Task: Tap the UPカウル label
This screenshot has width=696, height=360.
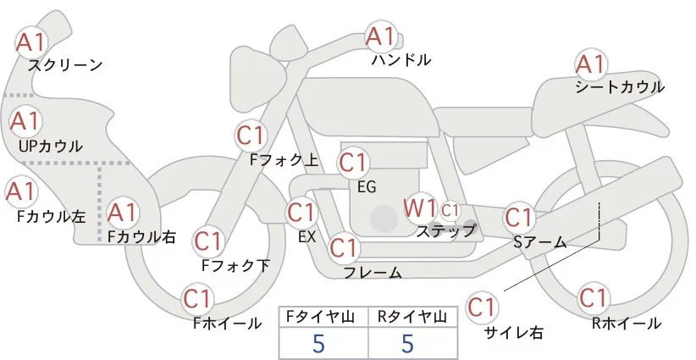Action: tap(50, 146)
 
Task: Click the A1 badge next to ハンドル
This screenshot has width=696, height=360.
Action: tap(381, 36)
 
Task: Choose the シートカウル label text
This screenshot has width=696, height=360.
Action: tap(620, 87)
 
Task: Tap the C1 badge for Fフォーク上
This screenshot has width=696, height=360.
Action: tap(251, 134)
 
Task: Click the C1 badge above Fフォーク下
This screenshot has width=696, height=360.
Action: tap(208, 241)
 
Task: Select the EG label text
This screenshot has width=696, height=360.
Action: tap(367, 187)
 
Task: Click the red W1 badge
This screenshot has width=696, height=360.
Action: tap(420, 208)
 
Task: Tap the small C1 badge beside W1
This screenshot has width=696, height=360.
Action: tap(450, 209)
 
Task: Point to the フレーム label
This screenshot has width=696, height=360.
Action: tap(373, 272)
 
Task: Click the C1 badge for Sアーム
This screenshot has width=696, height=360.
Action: tap(519, 217)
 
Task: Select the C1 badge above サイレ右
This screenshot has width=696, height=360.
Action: tap(483, 306)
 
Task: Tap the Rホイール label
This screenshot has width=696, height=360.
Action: tap(627, 323)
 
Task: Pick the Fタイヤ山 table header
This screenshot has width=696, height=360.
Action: tap(323, 317)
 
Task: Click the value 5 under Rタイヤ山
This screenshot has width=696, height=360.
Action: tap(407, 344)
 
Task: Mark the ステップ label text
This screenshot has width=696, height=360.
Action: tap(446, 230)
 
